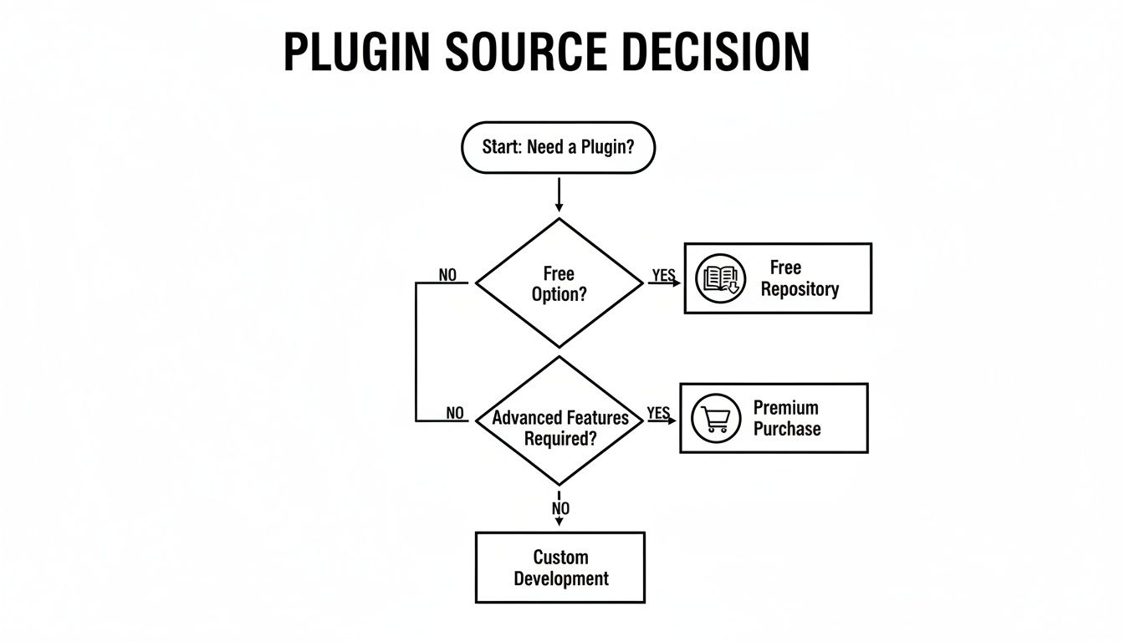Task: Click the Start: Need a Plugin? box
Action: click(x=558, y=147)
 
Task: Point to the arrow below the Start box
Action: click(x=559, y=194)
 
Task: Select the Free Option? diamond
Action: click(x=559, y=283)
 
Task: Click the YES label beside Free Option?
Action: click(x=663, y=275)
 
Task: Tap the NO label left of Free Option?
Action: click(x=447, y=275)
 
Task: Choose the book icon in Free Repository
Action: click(x=720, y=278)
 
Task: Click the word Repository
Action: click(x=800, y=289)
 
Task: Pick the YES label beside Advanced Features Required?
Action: click(x=658, y=413)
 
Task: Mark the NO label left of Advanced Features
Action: click(x=454, y=413)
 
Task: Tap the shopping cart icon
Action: click(x=717, y=418)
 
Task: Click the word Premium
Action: click(x=785, y=408)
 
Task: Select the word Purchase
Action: click(x=787, y=429)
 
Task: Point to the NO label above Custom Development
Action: click(x=560, y=508)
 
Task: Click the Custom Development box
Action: click(x=560, y=568)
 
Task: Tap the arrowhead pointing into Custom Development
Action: click(x=559, y=522)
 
